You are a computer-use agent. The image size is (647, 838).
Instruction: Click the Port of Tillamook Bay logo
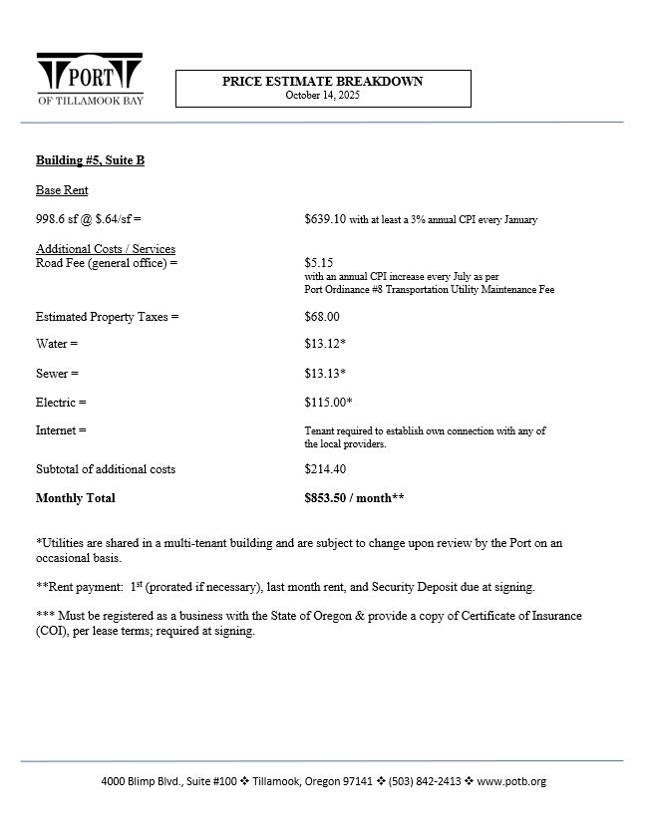click(x=90, y=78)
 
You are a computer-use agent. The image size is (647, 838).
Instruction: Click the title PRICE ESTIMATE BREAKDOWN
click(x=322, y=82)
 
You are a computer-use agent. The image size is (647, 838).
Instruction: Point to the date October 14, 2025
click(x=322, y=96)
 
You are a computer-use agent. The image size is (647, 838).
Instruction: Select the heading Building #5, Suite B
click(x=90, y=160)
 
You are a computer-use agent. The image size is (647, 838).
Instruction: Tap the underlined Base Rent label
click(x=62, y=190)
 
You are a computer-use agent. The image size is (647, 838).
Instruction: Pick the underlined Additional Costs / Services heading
click(x=106, y=249)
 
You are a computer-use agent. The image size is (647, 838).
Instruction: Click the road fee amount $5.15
click(x=319, y=263)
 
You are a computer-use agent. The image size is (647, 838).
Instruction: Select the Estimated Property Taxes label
click(x=107, y=317)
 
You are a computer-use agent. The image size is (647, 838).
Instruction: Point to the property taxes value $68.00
click(x=322, y=317)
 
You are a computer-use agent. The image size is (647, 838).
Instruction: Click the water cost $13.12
click(x=325, y=344)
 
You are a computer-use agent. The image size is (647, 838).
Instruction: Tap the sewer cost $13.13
click(x=325, y=374)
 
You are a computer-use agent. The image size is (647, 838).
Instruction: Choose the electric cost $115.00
click(x=328, y=403)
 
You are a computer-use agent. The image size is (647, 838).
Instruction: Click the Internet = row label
click(x=61, y=430)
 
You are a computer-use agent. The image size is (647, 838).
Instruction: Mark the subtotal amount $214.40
click(x=325, y=468)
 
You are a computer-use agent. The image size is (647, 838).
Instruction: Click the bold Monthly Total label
click(x=75, y=498)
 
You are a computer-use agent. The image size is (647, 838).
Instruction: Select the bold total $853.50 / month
click(x=354, y=498)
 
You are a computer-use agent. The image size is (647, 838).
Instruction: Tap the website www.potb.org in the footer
click(x=511, y=781)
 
